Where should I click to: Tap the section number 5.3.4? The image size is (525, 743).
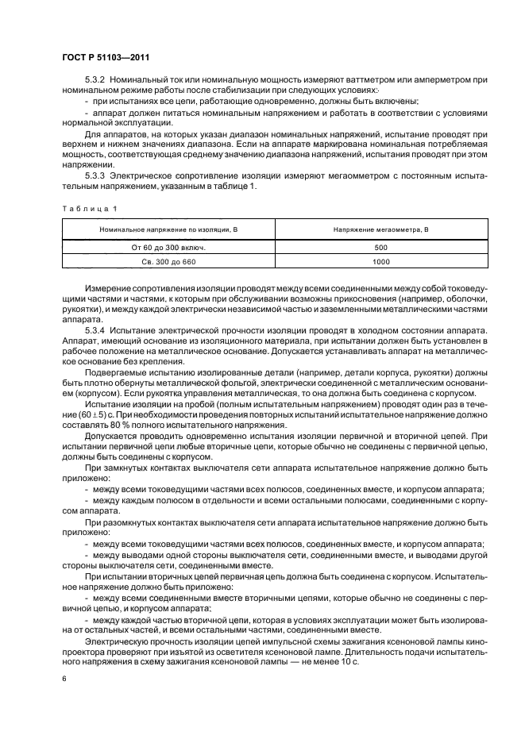[x=96, y=329]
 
